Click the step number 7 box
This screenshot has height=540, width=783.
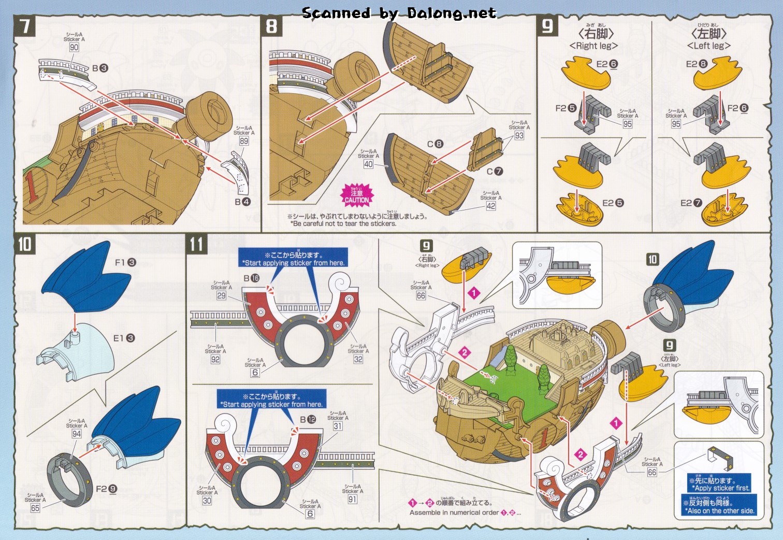click(24, 26)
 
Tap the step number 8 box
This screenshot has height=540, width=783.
click(271, 26)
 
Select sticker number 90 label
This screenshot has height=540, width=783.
click(74, 47)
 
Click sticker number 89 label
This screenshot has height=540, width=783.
click(244, 141)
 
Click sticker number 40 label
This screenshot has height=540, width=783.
click(368, 164)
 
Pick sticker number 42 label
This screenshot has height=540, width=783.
click(490, 206)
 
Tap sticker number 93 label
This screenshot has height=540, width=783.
click(519, 135)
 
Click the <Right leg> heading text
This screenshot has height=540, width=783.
click(593, 46)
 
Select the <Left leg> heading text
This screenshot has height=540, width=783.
click(708, 46)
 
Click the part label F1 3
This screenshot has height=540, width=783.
click(125, 262)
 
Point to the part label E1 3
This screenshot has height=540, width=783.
click(124, 338)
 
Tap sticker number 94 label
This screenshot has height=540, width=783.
click(77, 434)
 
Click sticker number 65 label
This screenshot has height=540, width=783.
click(35, 508)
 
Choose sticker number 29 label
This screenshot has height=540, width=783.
click(221, 295)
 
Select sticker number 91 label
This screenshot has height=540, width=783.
click(352, 499)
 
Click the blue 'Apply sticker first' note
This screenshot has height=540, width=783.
click(719, 484)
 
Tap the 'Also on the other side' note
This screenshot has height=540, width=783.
click(719, 506)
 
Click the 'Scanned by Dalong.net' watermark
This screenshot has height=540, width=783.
click(399, 13)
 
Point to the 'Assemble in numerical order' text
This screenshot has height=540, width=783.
click(465, 512)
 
